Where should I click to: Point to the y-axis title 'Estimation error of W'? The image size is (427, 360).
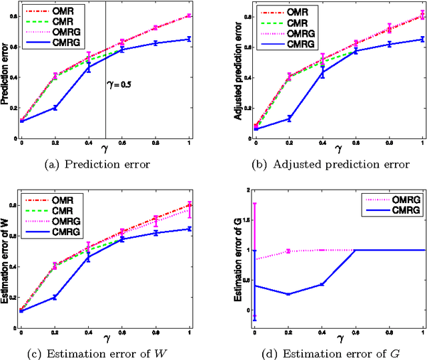[x=5, y=257]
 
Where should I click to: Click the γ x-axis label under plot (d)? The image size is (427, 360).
[x=338, y=339]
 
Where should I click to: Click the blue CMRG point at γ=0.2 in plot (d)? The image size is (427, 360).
[x=288, y=294]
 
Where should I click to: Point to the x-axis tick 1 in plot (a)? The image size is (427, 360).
[x=189, y=144]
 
